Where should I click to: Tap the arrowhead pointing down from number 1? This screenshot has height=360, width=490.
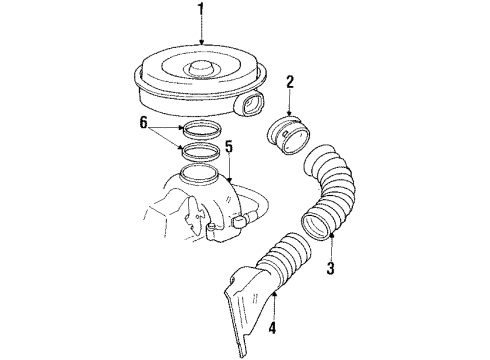point(203,42)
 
